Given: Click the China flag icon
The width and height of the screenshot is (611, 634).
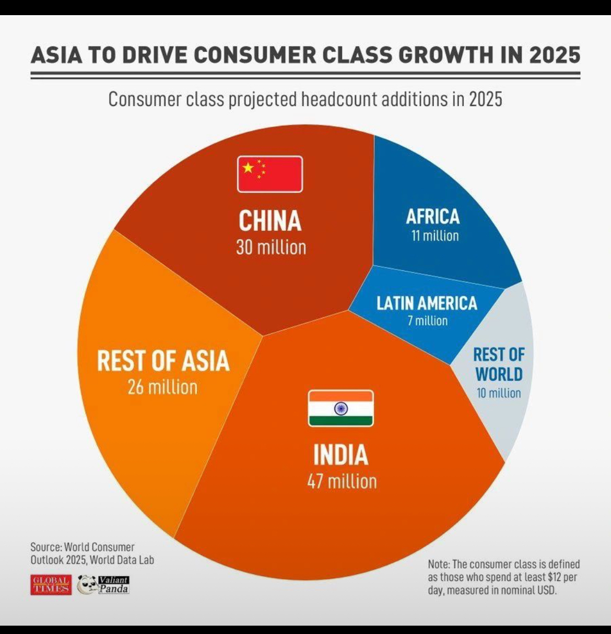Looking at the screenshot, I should [270, 174].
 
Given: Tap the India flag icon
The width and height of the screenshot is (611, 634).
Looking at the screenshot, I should [340, 408].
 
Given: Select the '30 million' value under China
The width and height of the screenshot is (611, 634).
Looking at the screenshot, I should [271, 247].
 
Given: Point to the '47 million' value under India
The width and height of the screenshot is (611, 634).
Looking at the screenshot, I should [342, 481].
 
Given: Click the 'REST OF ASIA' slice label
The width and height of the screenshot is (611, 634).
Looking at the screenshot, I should [163, 361].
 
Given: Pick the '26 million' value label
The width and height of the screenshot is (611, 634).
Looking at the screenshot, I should [163, 387].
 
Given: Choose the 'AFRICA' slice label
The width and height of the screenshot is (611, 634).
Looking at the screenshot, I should [433, 217].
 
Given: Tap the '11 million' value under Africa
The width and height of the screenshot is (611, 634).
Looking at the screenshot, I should [435, 236].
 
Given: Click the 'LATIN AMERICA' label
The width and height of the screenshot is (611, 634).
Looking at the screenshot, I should [427, 303].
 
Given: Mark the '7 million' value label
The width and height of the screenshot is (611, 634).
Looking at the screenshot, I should [428, 320].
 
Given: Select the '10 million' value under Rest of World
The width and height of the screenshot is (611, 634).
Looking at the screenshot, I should [499, 393].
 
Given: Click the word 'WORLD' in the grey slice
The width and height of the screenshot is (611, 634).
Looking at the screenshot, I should [499, 374].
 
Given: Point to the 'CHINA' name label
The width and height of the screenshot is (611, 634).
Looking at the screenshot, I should [270, 221].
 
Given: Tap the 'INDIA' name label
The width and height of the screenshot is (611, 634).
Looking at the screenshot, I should [340, 455].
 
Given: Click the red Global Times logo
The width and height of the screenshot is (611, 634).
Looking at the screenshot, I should [51, 584].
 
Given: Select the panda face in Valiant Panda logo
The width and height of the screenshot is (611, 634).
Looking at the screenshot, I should [87, 584].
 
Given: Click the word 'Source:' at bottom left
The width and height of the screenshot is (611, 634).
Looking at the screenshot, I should [46, 547].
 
